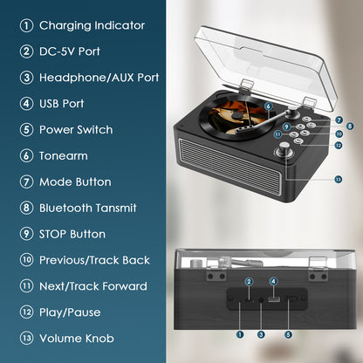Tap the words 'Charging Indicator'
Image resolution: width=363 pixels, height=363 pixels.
pyautogui.click(x=92, y=25)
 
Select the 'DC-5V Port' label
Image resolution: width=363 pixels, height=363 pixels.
pyautogui.click(x=76, y=51)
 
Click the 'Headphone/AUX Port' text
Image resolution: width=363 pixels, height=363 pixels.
pyautogui.click(x=99, y=78)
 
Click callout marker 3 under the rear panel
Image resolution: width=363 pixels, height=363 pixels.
pyautogui.click(x=260, y=333)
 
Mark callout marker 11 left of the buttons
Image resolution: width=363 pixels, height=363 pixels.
pyautogui.click(x=277, y=134)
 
